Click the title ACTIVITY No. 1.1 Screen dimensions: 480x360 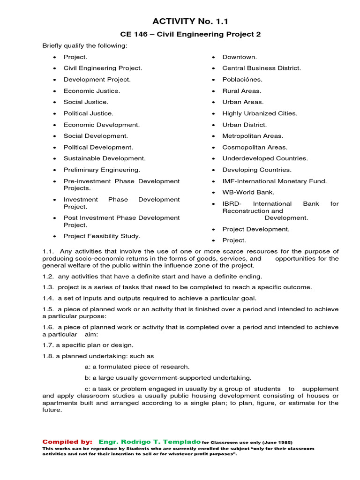[190, 21]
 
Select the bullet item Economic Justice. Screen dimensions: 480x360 [92, 91]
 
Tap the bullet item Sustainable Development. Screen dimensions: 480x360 [105, 158]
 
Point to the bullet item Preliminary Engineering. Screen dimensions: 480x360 [102, 170]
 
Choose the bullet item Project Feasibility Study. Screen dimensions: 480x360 [102, 236]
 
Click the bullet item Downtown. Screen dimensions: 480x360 [240, 57]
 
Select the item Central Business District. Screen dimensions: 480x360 [262, 68]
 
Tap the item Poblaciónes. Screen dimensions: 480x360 [242, 80]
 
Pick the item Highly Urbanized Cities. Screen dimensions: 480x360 [260, 113]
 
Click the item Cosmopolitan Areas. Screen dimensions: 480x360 [255, 147]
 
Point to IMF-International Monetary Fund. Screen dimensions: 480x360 [275, 181]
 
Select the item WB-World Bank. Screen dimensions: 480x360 [248, 193]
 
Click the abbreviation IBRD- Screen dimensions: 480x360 [232, 204]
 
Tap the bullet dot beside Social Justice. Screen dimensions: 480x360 [55, 102]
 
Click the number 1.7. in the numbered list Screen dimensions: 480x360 [48, 345]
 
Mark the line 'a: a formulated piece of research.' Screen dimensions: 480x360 [137, 367]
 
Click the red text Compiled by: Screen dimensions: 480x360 [67, 442]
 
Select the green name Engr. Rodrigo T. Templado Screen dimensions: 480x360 [150, 442]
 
